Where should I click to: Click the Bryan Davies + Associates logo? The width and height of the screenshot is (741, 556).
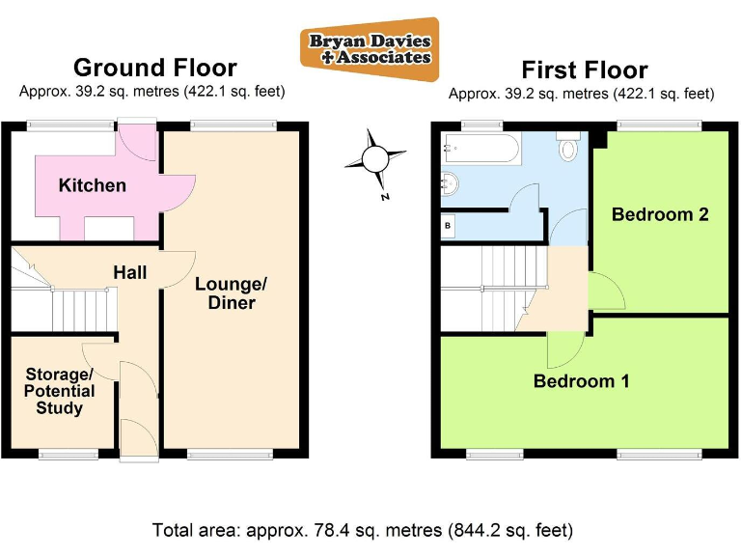click(369, 48)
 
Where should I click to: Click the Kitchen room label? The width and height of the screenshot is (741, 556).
click(93, 185)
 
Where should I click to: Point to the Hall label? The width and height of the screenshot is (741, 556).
click(130, 273)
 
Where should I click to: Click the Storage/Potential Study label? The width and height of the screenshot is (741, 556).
click(60, 391)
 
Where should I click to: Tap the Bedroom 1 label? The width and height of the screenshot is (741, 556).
click(581, 381)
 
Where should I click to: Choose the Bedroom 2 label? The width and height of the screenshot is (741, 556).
click(660, 214)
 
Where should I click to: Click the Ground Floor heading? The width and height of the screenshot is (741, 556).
click(154, 68)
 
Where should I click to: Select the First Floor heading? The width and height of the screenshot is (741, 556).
click(584, 69)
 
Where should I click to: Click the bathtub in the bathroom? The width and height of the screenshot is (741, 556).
click(480, 150)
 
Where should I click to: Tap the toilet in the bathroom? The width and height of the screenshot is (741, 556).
click(568, 148)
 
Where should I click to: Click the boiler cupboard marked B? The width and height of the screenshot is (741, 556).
click(448, 226)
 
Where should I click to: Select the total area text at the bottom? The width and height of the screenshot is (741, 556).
click(362, 530)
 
